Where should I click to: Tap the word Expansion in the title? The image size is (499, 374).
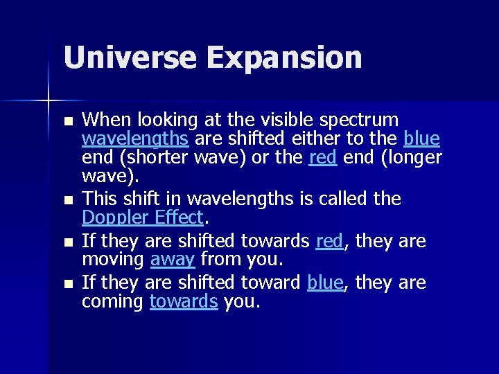(283, 57)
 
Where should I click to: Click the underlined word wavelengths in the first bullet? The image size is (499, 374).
(135, 139)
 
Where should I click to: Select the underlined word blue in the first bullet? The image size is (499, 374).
(421, 139)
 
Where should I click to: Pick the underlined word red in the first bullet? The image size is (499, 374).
(322, 159)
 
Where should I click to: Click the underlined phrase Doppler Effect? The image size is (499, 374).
(143, 219)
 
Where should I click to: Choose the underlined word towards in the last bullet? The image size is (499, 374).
(184, 302)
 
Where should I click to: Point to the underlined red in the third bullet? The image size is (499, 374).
(329, 240)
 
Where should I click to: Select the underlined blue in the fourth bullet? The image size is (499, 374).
(325, 283)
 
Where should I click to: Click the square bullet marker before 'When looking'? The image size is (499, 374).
(67, 121)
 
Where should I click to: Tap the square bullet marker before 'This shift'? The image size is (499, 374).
(67, 202)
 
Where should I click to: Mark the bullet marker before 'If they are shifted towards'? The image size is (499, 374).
(67, 242)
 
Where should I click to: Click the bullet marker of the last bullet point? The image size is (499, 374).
(67, 285)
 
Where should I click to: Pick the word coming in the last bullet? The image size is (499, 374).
(112, 303)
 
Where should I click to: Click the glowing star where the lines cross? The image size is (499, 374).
(48, 101)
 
